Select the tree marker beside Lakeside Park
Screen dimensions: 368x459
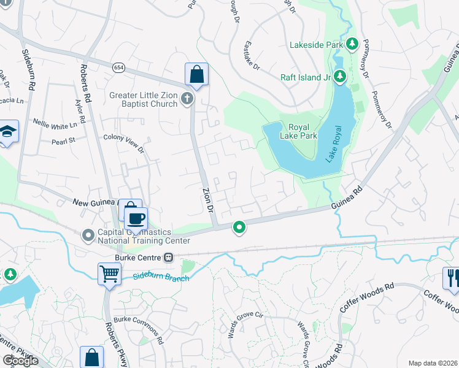pos(352,44)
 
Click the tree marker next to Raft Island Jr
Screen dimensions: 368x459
pos(341,77)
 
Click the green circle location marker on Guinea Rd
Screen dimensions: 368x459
pos(239,228)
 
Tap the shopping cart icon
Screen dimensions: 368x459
pos(109,273)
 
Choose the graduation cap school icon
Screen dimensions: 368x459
pos(7,132)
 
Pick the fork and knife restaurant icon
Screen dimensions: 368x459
pos(452,277)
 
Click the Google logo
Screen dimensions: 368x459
pos(21,361)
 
